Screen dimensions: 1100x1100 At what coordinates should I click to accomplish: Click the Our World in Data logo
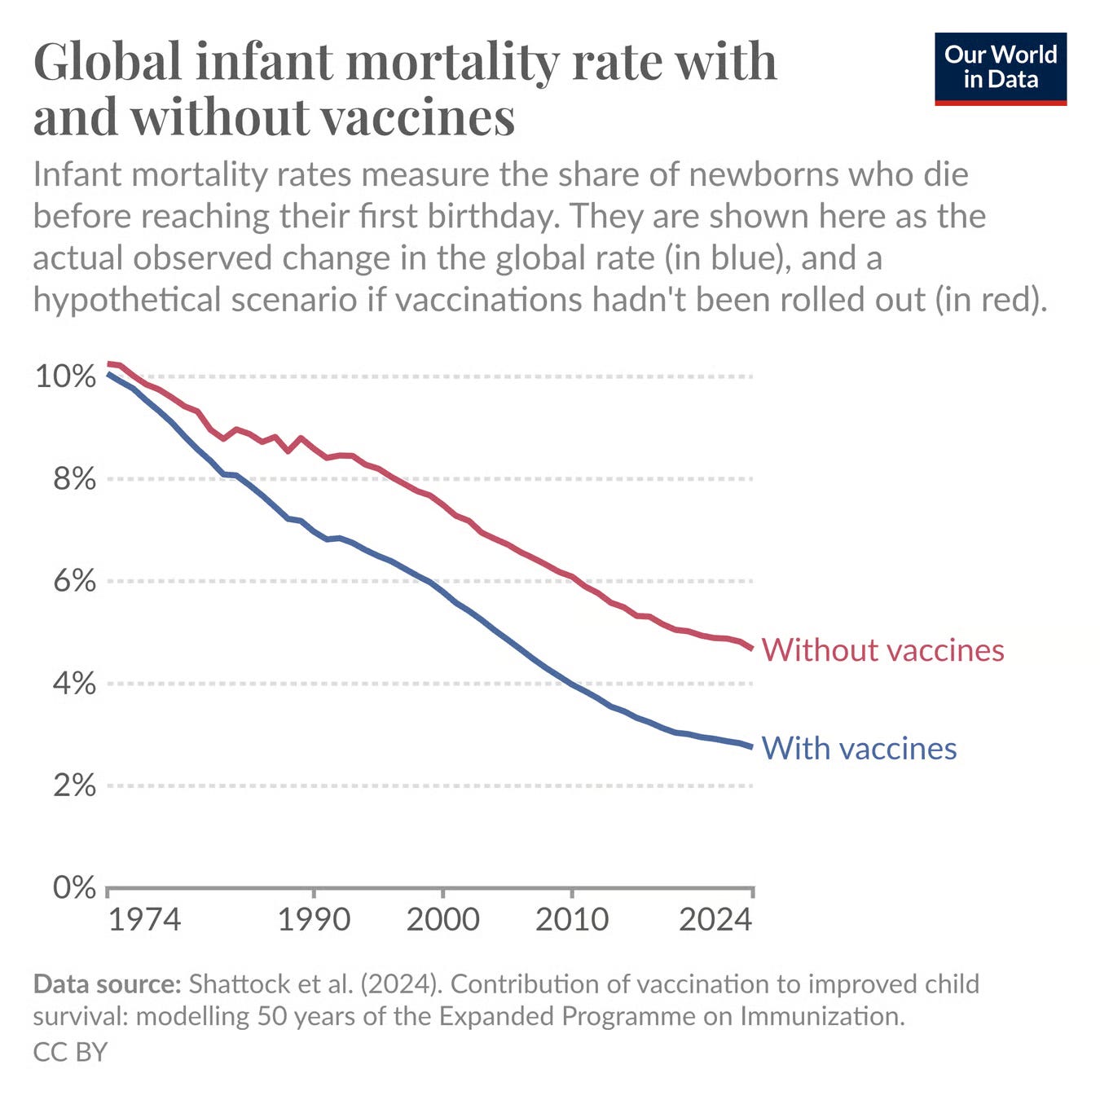[x=1000, y=68]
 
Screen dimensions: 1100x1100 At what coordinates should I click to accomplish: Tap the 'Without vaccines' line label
[x=882, y=650]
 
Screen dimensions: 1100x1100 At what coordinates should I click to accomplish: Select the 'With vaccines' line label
[x=859, y=748]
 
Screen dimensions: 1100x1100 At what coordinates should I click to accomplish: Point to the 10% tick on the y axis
[x=65, y=376]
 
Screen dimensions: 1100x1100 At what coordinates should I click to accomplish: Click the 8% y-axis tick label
[x=74, y=479]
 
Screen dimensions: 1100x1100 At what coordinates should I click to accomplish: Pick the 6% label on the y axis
[x=74, y=581]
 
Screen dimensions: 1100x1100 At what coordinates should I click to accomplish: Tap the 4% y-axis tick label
[x=74, y=684]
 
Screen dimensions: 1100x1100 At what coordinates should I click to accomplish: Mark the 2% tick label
[x=74, y=785]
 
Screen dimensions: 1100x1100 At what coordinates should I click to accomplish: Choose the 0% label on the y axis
[x=74, y=887]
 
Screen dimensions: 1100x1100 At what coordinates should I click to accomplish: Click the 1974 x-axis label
[x=144, y=920]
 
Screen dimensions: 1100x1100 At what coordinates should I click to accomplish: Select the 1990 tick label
[x=314, y=920]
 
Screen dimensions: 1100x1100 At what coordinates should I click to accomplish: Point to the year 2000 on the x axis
[x=442, y=920]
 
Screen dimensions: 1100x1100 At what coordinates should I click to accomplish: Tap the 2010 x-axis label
[x=571, y=920]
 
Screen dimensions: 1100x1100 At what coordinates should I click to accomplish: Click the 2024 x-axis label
[x=715, y=920]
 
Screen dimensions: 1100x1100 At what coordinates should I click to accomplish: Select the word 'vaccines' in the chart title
[x=417, y=117]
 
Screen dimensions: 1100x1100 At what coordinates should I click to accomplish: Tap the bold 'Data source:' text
[x=107, y=984]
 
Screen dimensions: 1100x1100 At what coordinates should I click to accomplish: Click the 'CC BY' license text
[x=70, y=1052]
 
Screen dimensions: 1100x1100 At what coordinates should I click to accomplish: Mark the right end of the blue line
[x=751, y=746]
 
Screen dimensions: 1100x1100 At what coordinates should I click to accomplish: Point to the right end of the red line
[x=751, y=648]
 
